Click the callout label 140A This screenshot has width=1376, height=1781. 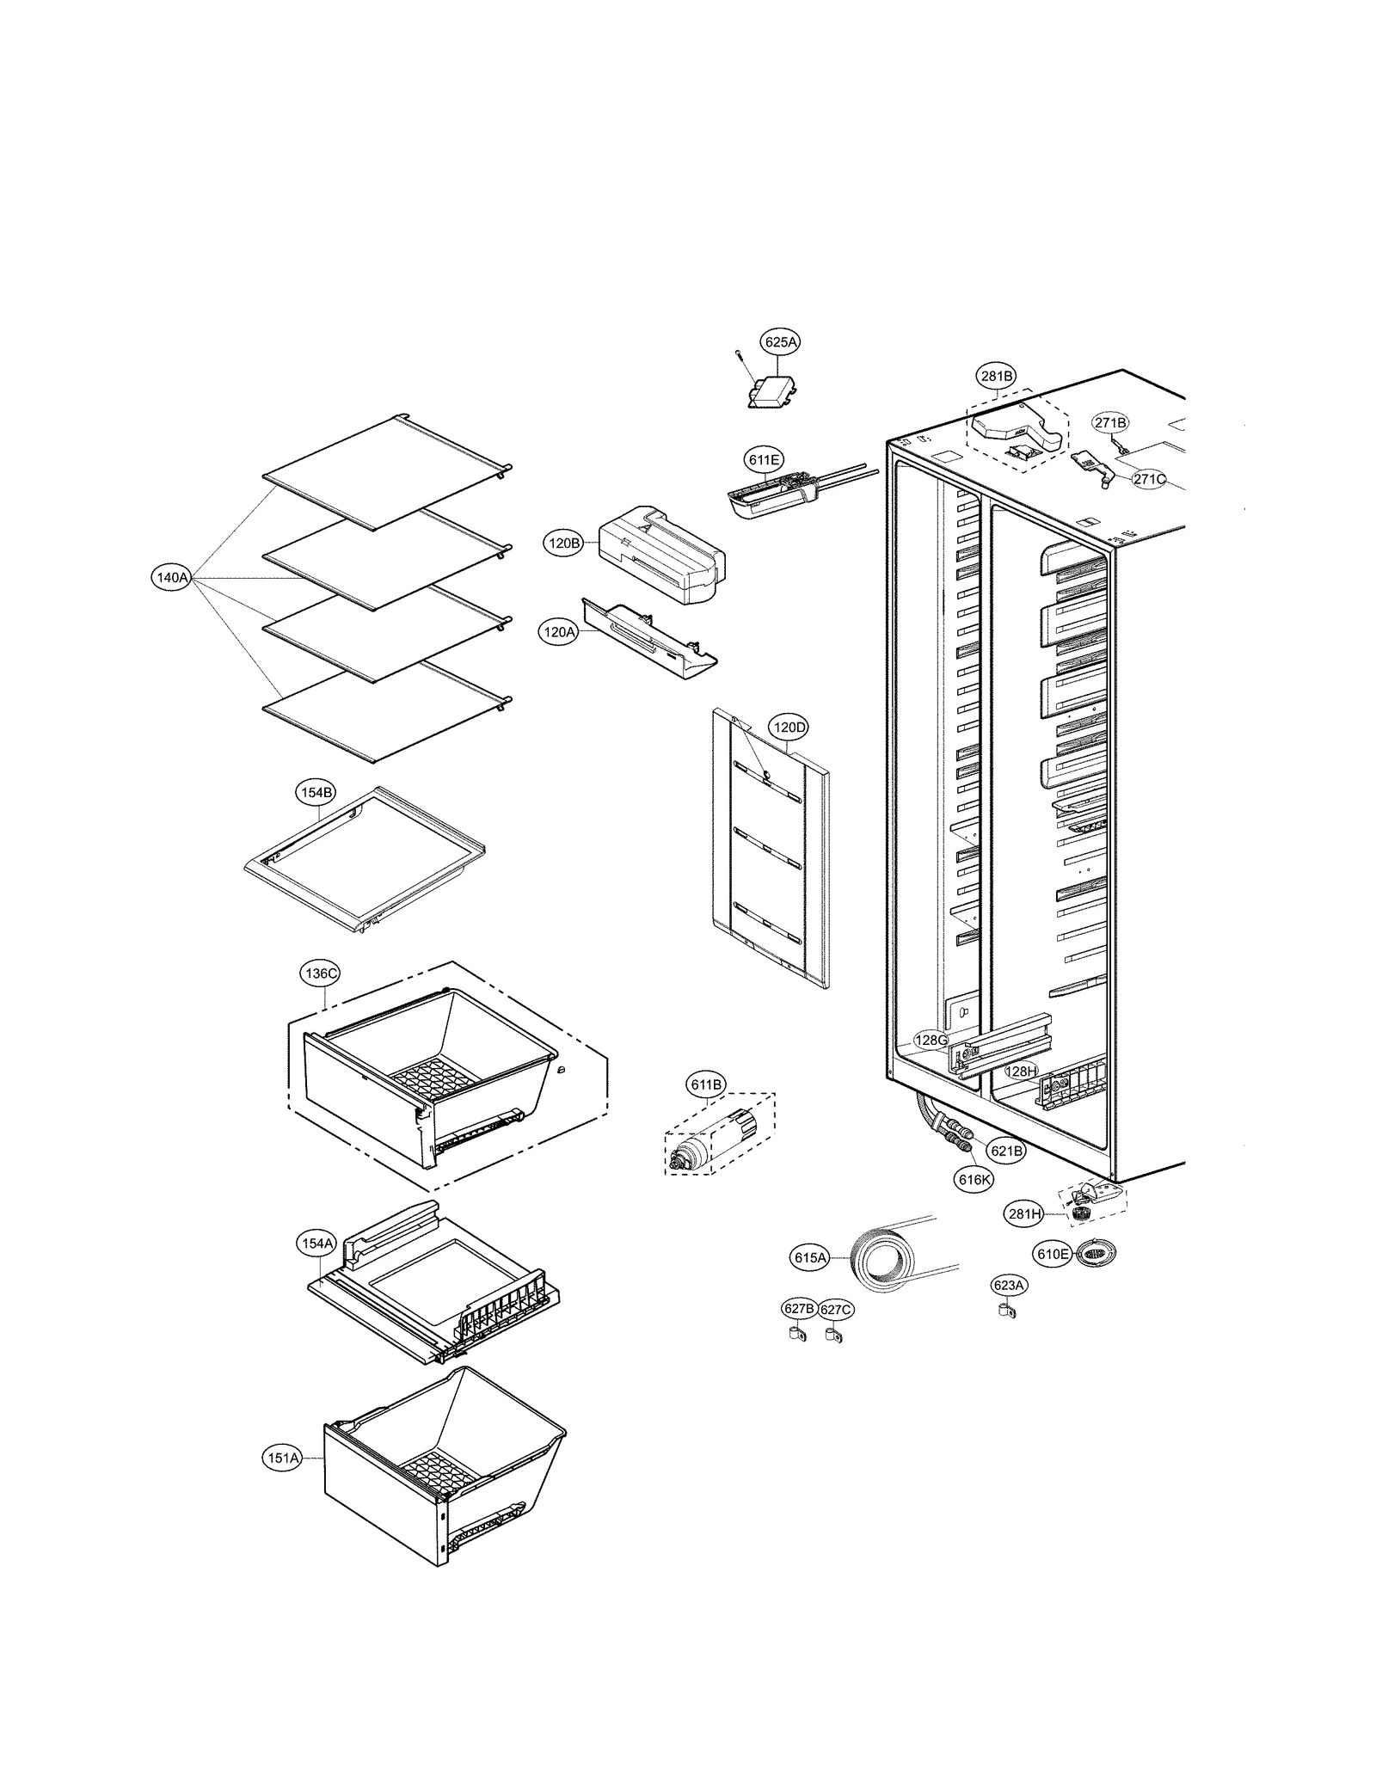[x=170, y=578]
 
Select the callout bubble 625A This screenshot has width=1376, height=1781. [x=780, y=341]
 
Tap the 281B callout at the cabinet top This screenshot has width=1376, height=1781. [x=997, y=376]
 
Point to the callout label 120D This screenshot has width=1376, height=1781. [x=789, y=728]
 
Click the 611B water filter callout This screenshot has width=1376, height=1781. [x=706, y=1084]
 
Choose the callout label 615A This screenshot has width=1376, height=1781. [x=809, y=1258]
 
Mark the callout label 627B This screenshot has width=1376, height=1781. [x=798, y=1309]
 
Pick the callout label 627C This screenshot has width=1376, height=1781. [x=835, y=1310]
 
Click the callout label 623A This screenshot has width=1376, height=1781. [x=1008, y=1286]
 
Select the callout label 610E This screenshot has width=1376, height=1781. [x=1052, y=1255]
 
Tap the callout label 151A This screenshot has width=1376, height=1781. [x=282, y=1458]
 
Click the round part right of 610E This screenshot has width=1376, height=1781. [x=1092, y=1255]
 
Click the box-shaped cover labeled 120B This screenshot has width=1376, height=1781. [x=660, y=556]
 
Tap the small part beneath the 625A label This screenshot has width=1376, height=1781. [x=768, y=394]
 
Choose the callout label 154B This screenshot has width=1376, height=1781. [x=316, y=793]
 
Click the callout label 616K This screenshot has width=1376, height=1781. [x=974, y=1180]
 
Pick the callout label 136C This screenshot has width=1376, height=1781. [x=321, y=973]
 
